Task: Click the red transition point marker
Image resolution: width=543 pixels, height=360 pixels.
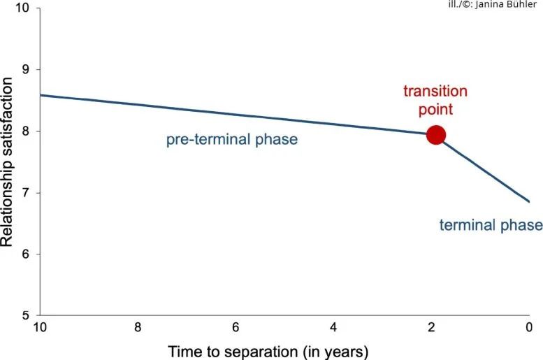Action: point(435,135)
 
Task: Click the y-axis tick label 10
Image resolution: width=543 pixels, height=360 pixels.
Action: point(22,8)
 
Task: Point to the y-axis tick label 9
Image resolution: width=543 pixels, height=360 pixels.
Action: point(27,70)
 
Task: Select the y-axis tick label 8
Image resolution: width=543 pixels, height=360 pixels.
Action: point(27,131)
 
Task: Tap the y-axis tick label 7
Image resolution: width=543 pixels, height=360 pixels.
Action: point(27,193)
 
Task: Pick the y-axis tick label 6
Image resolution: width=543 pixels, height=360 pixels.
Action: point(27,254)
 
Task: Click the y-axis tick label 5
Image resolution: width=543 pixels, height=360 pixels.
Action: point(27,316)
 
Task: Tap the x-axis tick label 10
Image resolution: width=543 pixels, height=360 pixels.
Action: point(40,327)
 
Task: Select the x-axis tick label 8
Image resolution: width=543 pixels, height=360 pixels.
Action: point(138,327)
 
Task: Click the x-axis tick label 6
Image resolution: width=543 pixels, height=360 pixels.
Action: point(236,327)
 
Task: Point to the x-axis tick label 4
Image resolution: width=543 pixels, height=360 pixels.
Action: point(333,327)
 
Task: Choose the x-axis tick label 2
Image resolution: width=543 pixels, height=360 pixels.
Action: point(431,327)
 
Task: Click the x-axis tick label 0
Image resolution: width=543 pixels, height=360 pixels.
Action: point(529,327)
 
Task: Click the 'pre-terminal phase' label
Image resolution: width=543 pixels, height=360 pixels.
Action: point(232,140)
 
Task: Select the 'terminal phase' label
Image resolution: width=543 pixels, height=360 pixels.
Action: point(491,225)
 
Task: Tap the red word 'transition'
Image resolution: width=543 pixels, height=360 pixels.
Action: point(435,91)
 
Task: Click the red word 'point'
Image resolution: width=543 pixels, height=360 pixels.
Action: point(435,110)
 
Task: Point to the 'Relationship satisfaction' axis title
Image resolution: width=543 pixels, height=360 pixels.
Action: point(7,161)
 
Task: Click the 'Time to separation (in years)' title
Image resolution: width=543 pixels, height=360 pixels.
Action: point(268,352)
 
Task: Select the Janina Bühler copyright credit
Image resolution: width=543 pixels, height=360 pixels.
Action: point(492,4)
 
